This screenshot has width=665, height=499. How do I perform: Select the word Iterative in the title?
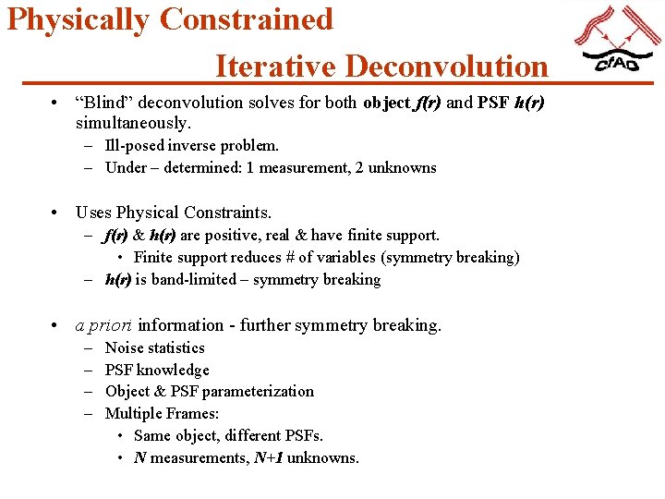pos(274,67)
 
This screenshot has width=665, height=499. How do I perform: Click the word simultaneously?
pos(133,123)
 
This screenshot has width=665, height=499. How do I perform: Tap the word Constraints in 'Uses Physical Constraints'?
pos(226,213)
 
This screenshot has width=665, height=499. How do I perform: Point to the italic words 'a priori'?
pos(103,325)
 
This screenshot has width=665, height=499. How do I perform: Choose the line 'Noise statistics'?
pos(154,347)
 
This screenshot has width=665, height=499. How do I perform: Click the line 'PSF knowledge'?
pos(157,370)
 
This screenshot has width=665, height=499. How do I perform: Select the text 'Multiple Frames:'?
pos(162,413)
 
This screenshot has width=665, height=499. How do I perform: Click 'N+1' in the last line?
pos(268,457)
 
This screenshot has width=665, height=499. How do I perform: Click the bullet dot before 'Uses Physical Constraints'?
pos(57,213)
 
